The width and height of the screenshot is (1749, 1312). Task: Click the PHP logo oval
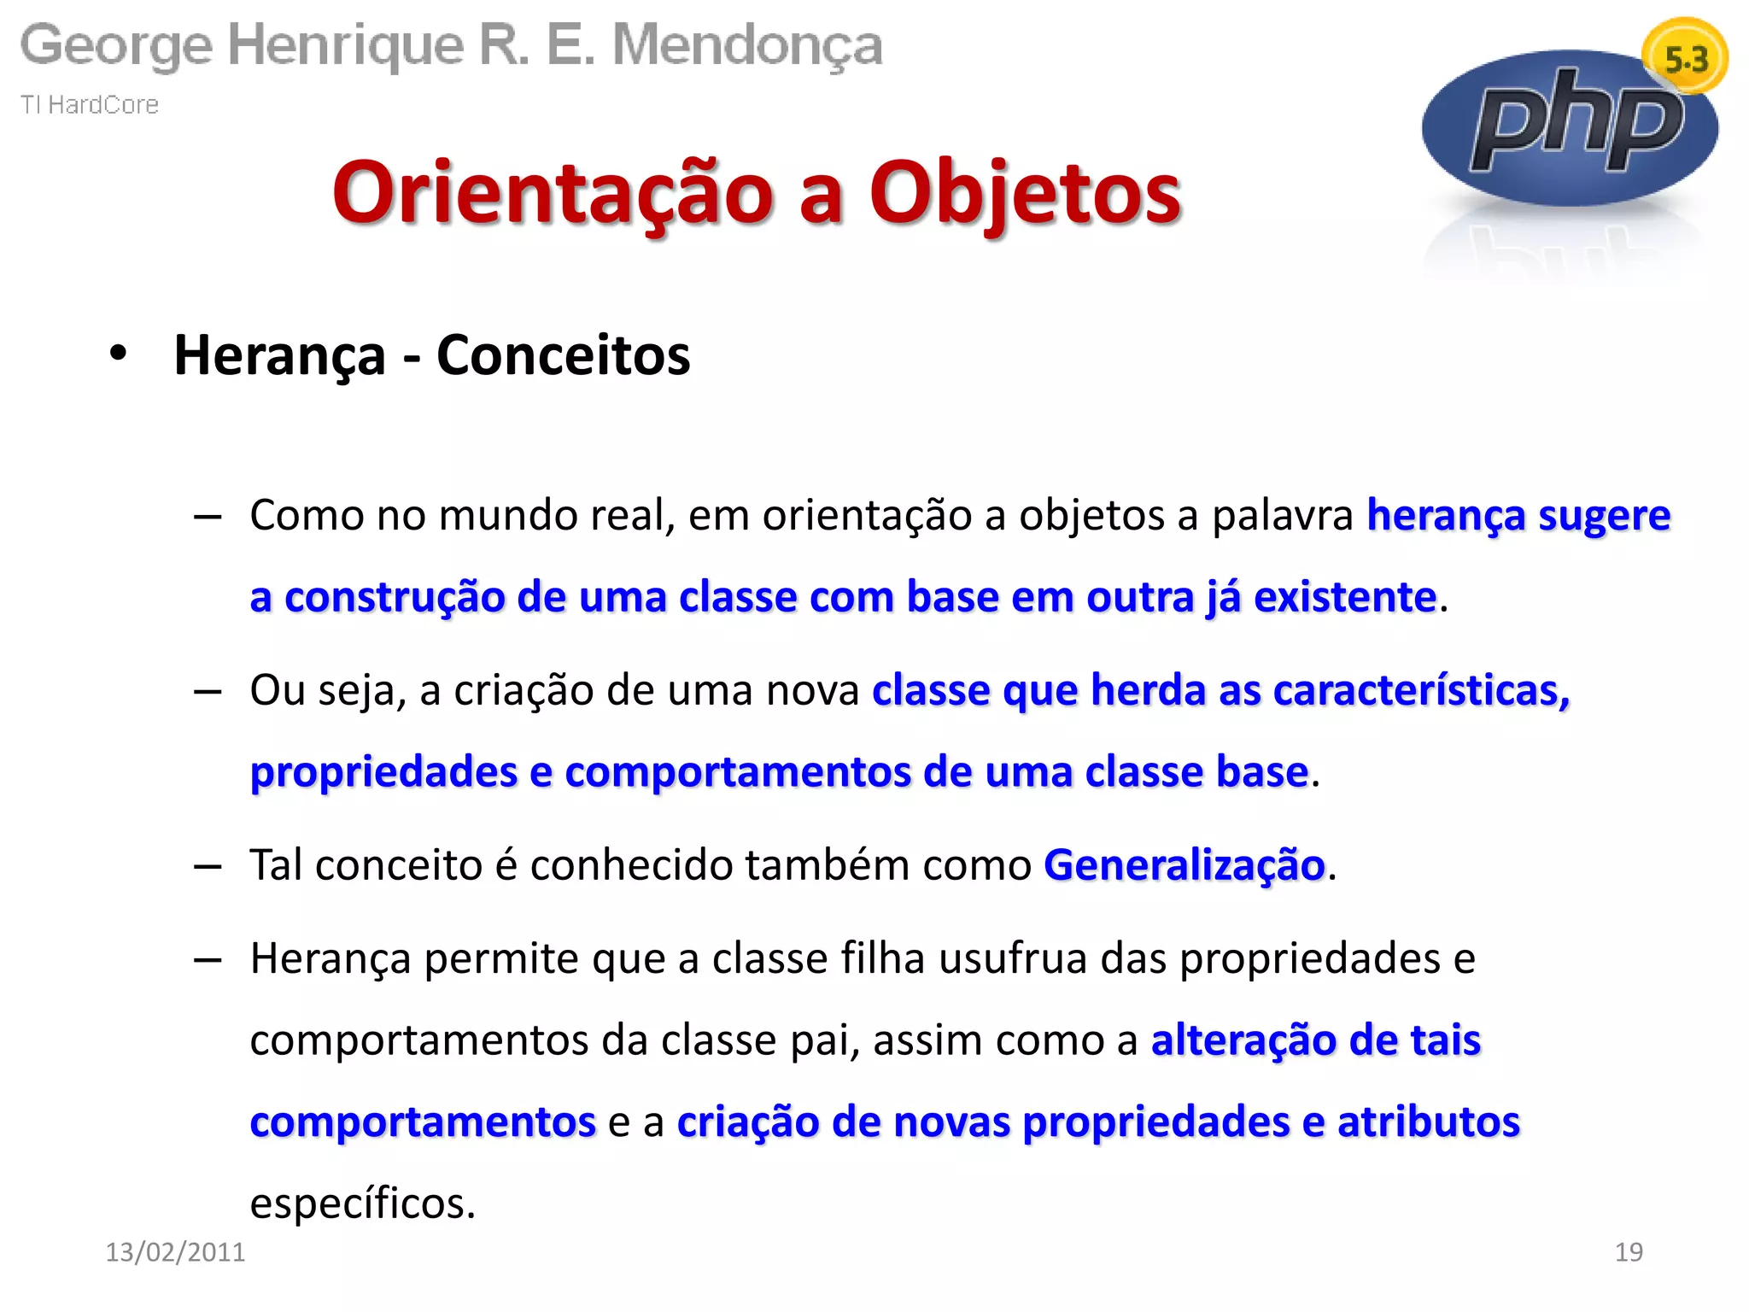coord(1570,128)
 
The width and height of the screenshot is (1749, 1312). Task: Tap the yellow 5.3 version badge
coord(1686,58)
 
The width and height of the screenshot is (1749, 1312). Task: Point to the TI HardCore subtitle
coord(90,104)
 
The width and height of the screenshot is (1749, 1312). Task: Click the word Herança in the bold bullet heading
coord(279,355)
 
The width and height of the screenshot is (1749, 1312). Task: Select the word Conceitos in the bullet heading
coord(563,355)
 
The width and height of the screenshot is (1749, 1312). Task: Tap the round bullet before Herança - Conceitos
coord(118,353)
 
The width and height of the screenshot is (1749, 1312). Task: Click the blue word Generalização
coord(1184,864)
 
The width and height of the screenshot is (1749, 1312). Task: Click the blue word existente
coord(1344,596)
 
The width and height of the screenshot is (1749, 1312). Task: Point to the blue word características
coord(1421,690)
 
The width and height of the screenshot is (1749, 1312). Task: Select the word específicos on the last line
coord(362,1204)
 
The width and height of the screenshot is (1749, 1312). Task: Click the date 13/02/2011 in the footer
coord(175,1252)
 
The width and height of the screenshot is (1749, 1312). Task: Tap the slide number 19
coord(1629,1252)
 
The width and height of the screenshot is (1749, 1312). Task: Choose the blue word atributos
coord(1428,1122)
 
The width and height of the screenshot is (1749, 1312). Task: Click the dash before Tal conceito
coord(208,866)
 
